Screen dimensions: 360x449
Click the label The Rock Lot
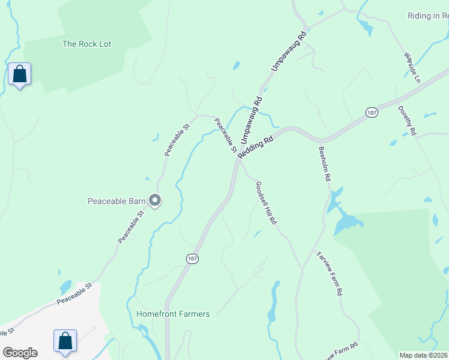[x=87, y=44]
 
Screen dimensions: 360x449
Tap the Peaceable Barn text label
[x=116, y=201]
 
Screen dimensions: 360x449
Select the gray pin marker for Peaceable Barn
[x=155, y=201]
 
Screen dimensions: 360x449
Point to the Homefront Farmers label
[x=173, y=314]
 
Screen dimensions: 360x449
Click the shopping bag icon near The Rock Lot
[x=20, y=74]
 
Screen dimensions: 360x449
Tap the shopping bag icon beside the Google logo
[x=65, y=341]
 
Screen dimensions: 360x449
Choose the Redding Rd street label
[x=256, y=146]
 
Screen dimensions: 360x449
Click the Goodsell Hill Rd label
[x=266, y=203]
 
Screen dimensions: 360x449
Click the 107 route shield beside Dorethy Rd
[x=372, y=112]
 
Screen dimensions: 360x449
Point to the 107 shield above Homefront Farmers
[x=191, y=259]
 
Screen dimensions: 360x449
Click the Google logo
[x=20, y=353]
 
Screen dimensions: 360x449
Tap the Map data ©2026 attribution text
[x=423, y=355]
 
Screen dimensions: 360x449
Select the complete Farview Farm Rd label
[x=330, y=273]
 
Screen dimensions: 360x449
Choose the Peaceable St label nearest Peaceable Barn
[x=131, y=227]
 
